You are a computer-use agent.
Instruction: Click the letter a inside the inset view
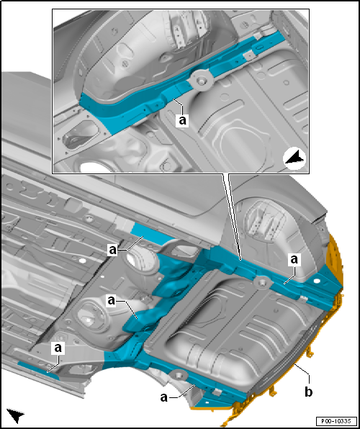183,120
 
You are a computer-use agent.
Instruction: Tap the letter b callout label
309,392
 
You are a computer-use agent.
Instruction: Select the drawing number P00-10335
336,420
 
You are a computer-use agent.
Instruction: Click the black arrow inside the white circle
294,159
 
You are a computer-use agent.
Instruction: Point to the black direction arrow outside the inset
15,415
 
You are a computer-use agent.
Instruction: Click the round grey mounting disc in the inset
202,80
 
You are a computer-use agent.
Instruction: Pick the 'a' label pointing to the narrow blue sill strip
58,348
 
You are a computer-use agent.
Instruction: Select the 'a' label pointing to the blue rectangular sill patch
113,250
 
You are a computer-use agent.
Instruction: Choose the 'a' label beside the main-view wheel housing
294,260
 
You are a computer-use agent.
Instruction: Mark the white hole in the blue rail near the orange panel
317,281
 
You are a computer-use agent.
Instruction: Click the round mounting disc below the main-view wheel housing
261,282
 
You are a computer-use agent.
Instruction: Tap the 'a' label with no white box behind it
163,398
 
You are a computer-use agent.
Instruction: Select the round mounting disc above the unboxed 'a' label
178,374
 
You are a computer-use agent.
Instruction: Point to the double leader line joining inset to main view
232,217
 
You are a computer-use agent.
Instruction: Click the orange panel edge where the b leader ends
294,364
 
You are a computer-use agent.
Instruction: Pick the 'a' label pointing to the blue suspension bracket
112,301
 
